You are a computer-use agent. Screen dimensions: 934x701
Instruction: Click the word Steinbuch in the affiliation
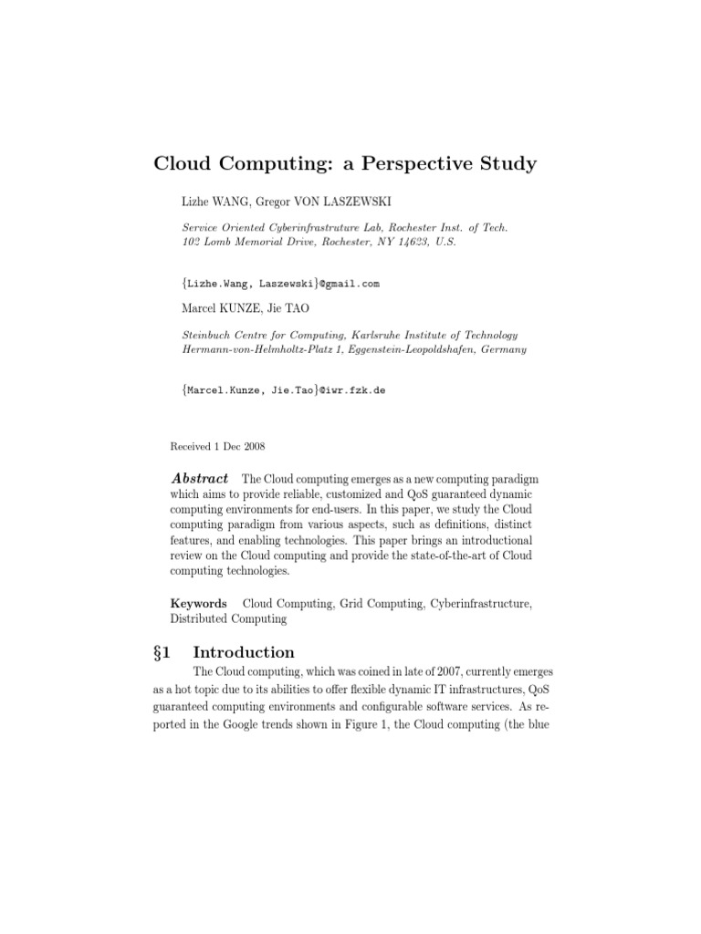[x=210, y=335]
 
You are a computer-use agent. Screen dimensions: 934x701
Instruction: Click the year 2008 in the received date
[x=253, y=446]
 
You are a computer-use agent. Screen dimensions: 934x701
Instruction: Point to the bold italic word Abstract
[x=199, y=480]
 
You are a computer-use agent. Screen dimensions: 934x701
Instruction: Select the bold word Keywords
[x=199, y=603]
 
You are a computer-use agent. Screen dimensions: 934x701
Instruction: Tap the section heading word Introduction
[x=244, y=652]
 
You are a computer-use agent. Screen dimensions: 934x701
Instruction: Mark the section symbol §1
[x=165, y=652]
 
